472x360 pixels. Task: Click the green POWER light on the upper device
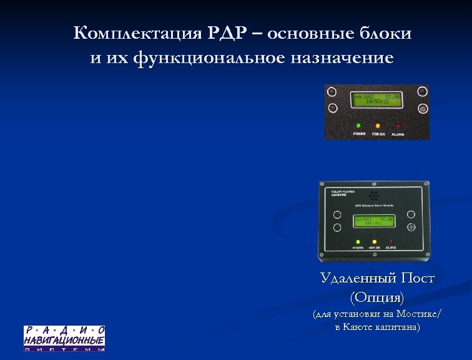[359, 125]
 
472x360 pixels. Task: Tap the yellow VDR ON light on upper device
[378, 125]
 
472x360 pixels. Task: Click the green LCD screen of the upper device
[377, 99]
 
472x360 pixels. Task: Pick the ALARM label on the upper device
[398, 134]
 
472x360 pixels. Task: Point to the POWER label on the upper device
[359, 134]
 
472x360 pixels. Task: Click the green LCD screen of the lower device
[374, 221]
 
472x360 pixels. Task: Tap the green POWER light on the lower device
[358, 241]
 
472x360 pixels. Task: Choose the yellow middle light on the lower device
[375, 241]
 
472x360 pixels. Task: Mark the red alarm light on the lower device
[391, 241]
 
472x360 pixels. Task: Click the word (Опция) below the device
[377, 296]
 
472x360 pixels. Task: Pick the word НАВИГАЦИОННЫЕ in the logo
[64, 340]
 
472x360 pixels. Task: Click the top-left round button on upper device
[332, 92]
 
